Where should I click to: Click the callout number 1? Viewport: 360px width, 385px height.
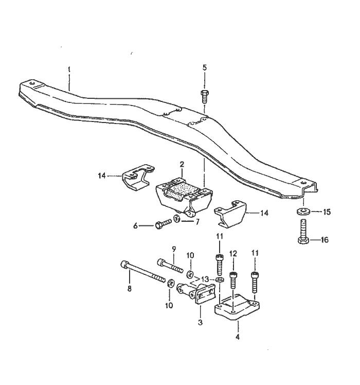pyautogui.click(x=69, y=69)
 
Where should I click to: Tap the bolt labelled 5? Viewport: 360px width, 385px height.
pyautogui.click(x=205, y=96)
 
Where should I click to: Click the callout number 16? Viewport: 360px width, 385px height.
pyautogui.click(x=325, y=240)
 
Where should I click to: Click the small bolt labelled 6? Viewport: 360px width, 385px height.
pyautogui.click(x=164, y=224)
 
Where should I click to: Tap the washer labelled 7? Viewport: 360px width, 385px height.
pyautogui.click(x=177, y=218)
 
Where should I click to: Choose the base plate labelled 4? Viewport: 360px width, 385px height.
pyautogui.click(x=237, y=307)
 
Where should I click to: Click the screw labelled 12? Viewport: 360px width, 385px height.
pyautogui.click(x=233, y=280)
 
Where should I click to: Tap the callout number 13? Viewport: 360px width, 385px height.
pyautogui.click(x=205, y=279)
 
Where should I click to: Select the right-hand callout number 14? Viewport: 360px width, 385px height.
pyautogui.click(x=264, y=213)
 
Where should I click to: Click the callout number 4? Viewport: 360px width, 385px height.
pyautogui.click(x=237, y=337)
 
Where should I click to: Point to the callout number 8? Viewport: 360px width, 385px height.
pyautogui.click(x=129, y=289)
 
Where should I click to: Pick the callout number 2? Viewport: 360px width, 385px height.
pyautogui.click(x=182, y=164)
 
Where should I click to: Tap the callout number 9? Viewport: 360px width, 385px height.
pyautogui.click(x=174, y=249)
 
